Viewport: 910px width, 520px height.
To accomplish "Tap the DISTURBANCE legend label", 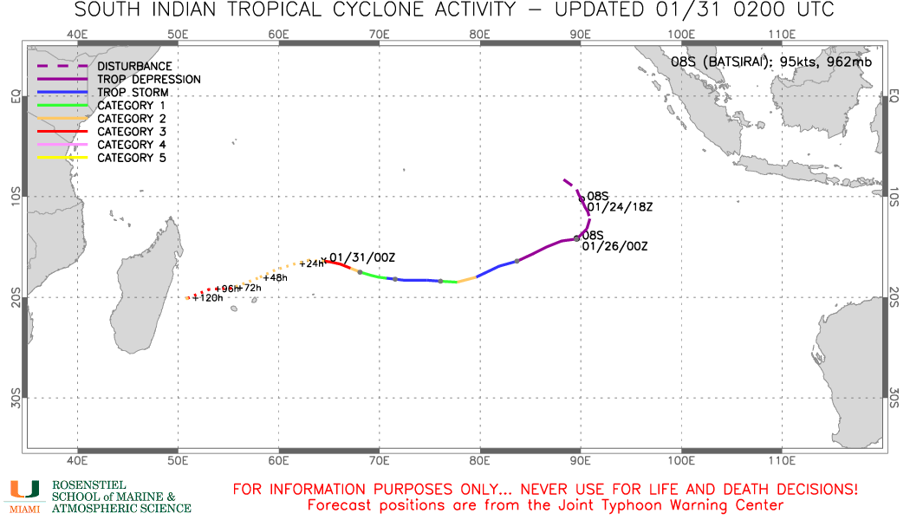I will tap(134, 66).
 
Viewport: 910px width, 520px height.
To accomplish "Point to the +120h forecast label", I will tap(208, 298).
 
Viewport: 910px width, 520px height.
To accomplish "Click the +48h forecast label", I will tap(276, 277).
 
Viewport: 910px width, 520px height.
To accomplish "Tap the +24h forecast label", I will tap(311, 263).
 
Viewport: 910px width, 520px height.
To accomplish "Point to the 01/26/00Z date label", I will tap(615, 246).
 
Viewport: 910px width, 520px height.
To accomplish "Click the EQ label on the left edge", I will tap(15, 96).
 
